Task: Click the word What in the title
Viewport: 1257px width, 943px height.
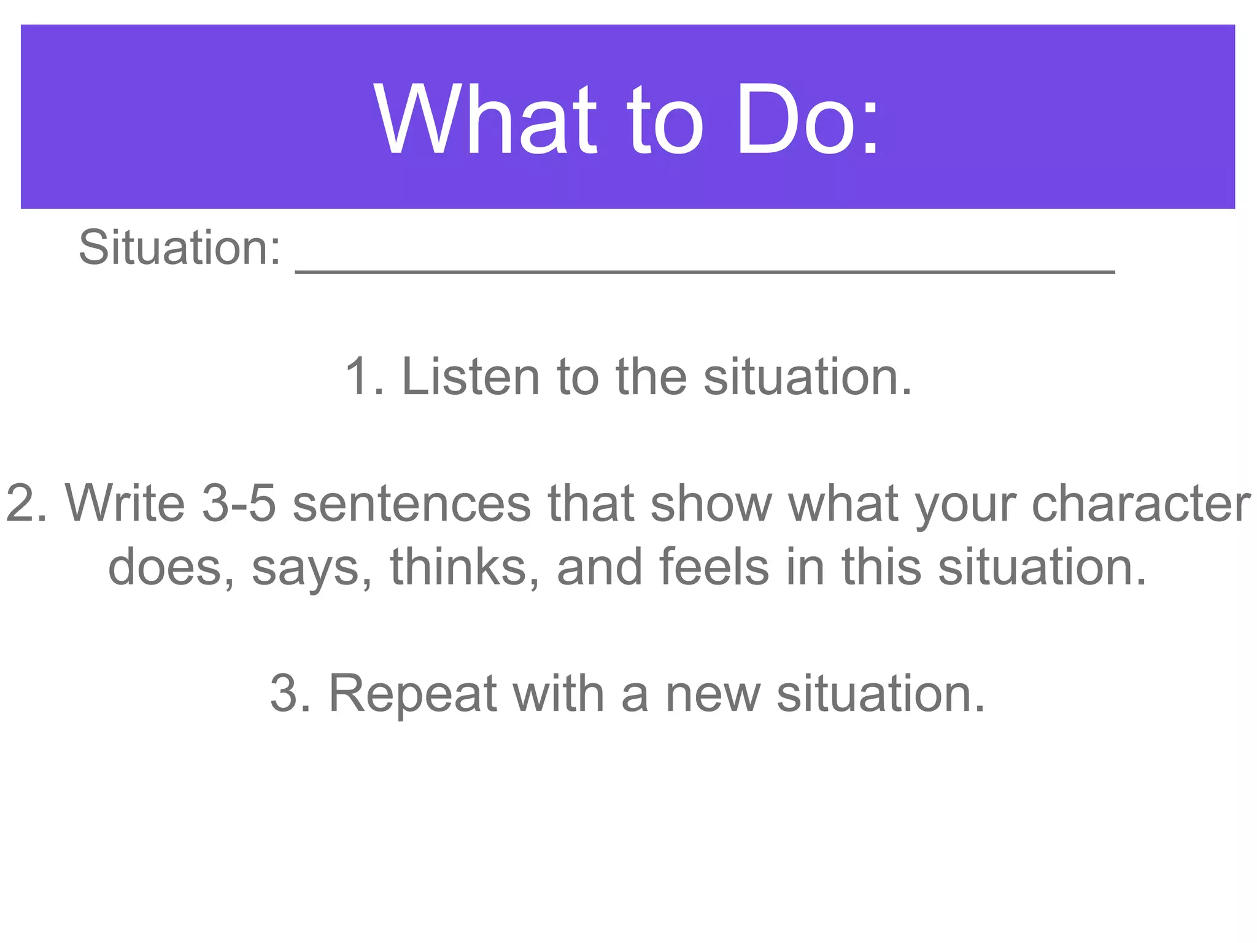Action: point(485,120)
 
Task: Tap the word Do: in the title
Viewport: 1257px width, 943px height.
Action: point(808,120)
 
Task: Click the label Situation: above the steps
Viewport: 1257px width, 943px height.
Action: point(180,247)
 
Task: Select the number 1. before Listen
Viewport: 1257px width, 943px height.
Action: point(365,376)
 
